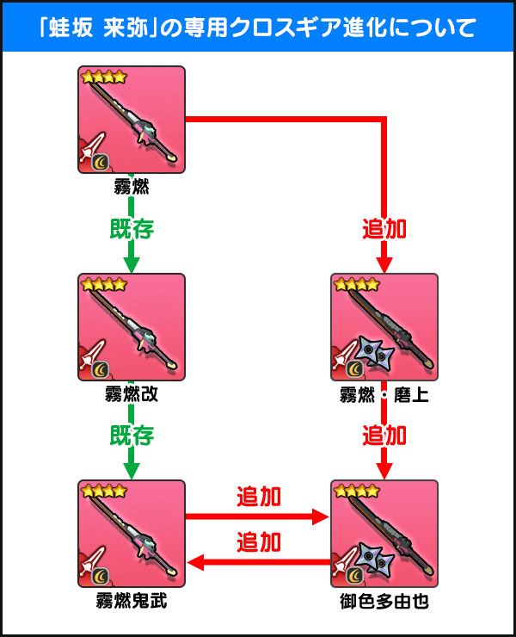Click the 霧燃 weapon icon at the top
[131, 119]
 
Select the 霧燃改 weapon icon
[131, 326]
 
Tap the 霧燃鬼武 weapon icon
[131, 534]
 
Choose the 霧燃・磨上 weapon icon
[384, 326]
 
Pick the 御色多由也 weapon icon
[384, 534]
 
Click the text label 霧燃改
[131, 394]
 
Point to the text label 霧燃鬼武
[131, 602]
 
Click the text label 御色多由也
[384, 602]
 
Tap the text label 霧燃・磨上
[384, 394]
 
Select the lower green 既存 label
[131, 435]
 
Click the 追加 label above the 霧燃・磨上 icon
[384, 229]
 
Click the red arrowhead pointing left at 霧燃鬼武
[194, 562]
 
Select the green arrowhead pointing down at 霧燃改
[131, 263]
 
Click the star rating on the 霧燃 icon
[103, 77]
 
